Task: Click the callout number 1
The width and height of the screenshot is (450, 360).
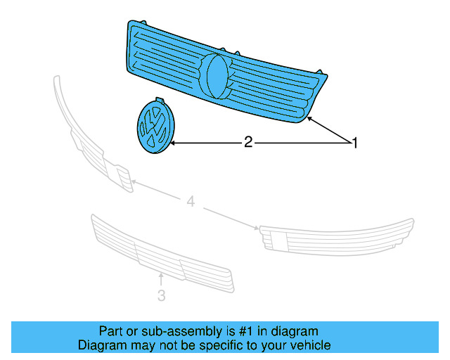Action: click(355, 143)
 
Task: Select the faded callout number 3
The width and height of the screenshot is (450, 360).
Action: click(161, 297)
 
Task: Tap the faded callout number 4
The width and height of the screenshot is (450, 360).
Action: click(191, 202)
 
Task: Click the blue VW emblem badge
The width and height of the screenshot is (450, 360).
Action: click(155, 127)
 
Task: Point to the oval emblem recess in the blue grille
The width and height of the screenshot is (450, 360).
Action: click(217, 75)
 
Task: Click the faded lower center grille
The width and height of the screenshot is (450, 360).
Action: click(161, 253)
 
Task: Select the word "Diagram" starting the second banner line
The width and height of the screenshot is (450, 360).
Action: click(99, 345)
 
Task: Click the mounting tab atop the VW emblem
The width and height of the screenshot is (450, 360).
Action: click(159, 101)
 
